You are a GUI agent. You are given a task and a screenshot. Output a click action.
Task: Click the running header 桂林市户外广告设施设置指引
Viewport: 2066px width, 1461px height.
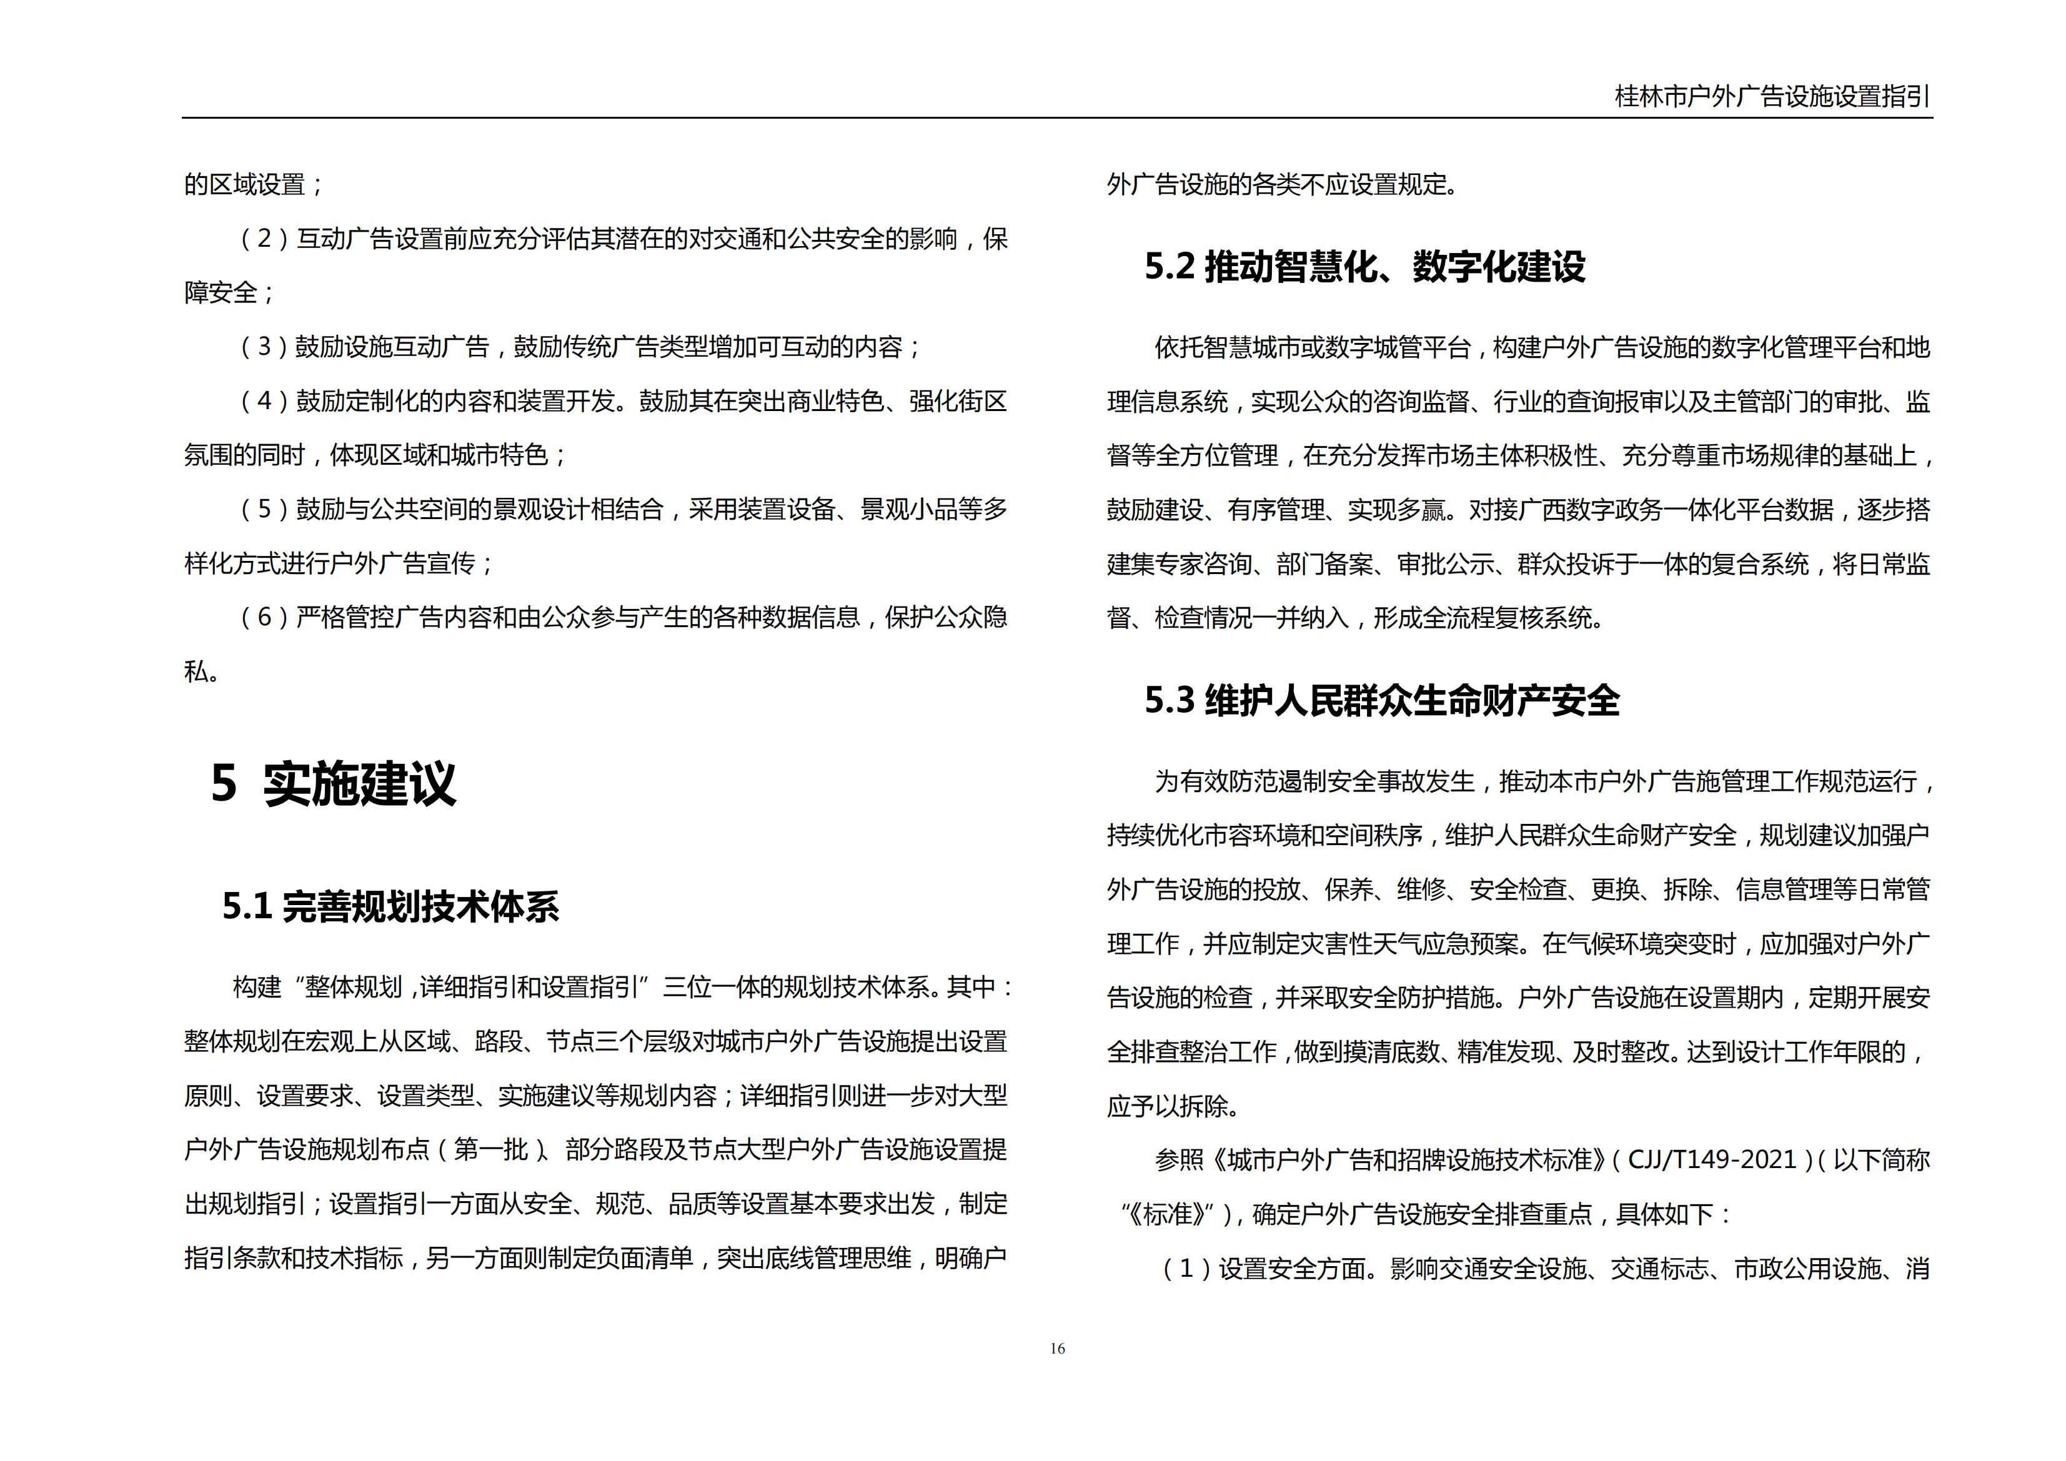tap(1772, 96)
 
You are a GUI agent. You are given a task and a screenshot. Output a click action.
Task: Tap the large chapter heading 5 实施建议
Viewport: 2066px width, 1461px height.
tap(334, 783)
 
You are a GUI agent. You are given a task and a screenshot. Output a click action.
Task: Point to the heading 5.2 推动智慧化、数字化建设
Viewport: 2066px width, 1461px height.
tap(1364, 267)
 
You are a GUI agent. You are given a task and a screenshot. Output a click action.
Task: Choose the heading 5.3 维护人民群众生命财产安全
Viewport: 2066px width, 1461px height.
tap(1381, 701)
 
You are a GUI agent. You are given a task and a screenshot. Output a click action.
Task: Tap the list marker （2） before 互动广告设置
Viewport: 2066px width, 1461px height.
tap(264, 239)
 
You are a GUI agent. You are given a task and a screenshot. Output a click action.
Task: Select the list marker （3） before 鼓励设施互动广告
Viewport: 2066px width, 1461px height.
tap(264, 347)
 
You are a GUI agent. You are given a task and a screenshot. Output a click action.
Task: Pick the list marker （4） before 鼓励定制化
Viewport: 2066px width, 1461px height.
tap(264, 401)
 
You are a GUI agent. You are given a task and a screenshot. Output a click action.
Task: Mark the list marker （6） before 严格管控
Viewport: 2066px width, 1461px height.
tap(264, 618)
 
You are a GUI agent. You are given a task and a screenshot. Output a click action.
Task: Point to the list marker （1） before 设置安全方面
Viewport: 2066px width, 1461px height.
tap(1186, 1269)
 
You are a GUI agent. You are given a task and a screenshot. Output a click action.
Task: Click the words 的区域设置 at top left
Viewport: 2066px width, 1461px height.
tap(245, 186)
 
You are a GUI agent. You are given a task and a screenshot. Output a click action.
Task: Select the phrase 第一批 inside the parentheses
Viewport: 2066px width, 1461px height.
tap(490, 1150)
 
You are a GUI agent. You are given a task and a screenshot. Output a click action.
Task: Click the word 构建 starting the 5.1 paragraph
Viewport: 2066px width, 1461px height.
tap(257, 988)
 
